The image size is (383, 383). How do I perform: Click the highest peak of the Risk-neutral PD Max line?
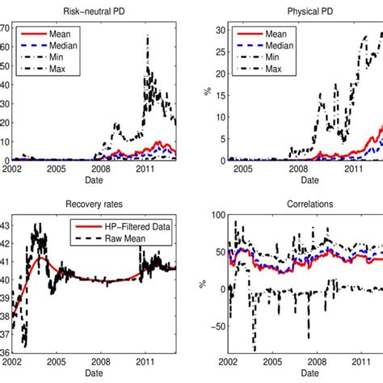[x=148, y=36]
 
